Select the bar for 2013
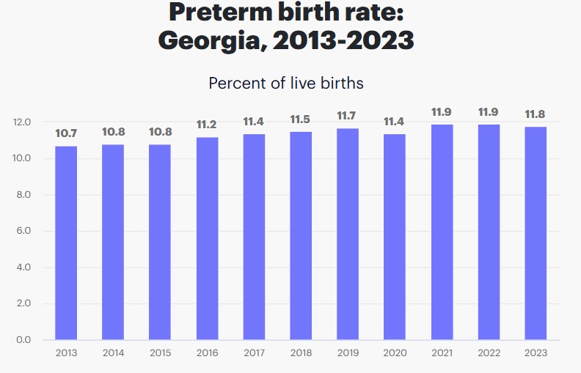tap(66, 243)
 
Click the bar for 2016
tap(207, 238)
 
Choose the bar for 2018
tap(301, 235)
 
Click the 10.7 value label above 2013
tap(66, 133)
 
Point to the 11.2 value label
tap(207, 125)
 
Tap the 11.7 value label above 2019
tap(348, 116)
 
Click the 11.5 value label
tap(301, 119)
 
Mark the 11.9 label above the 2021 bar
tap(442, 112)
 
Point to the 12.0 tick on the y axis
tap(23, 122)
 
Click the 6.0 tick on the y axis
tap(23, 232)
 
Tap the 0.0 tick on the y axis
tap(23, 340)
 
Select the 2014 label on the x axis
tap(113, 354)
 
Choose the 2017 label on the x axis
tap(254, 354)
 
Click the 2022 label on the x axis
tap(489, 354)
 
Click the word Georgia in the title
tap(210, 40)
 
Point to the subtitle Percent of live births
tap(286, 83)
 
